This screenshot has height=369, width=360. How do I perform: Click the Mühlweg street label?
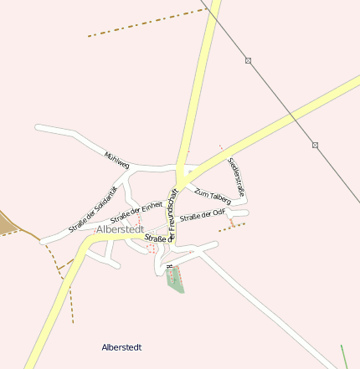116,161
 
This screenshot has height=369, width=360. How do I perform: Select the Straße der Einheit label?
136,212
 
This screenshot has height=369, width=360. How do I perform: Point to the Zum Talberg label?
212,193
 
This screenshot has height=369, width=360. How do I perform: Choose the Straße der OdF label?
203,216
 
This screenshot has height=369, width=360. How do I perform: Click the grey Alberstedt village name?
120,228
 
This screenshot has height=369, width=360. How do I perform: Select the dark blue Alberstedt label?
121,346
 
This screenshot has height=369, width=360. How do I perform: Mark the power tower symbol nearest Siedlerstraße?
315,146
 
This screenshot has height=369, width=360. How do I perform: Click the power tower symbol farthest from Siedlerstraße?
249,60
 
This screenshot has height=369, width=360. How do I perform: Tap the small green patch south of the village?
175,278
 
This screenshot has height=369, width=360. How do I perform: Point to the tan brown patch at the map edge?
8,222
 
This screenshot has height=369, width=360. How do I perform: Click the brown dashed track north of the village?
147,23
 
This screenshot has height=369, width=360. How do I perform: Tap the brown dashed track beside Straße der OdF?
232,225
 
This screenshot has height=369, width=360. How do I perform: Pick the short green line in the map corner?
343,356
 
